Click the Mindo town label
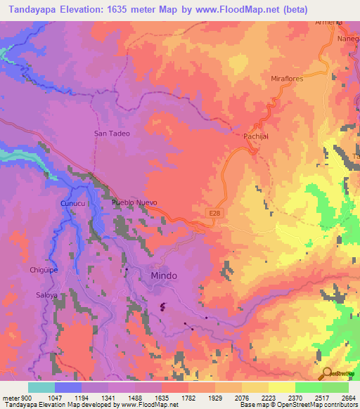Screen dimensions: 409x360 [164, 275]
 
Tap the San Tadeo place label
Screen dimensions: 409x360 [112, 132]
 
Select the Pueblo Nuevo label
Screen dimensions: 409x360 [134, 202]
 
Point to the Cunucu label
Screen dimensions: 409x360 [72, 203]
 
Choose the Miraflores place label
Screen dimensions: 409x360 [287, 79]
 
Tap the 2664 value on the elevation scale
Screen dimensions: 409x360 [348, 398]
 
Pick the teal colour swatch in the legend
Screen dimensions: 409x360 [41, 387]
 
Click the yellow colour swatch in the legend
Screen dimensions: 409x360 [281, 387]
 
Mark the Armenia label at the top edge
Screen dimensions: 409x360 [329, 22]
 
